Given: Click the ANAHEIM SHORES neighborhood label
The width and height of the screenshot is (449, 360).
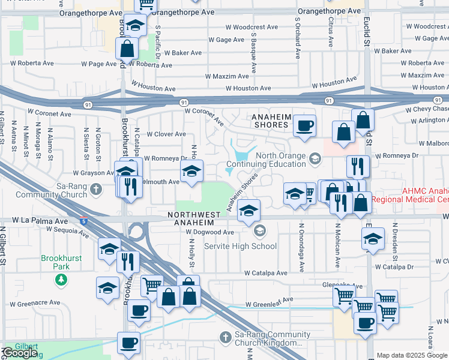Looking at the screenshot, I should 267,121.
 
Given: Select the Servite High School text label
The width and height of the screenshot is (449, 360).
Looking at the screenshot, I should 241,246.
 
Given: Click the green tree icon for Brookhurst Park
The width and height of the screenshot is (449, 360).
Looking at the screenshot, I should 61,279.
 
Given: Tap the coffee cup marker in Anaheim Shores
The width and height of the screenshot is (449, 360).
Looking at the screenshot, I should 304,126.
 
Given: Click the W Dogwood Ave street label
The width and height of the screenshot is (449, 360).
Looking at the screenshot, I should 209,232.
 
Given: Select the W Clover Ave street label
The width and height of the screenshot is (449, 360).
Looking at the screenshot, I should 166,134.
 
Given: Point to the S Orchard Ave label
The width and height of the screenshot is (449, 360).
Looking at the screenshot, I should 297,37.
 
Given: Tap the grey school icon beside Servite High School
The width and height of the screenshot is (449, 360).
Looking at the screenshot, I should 260,230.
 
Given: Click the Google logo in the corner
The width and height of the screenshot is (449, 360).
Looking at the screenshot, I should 21,353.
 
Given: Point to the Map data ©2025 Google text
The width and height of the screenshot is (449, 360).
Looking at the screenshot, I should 411,355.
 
